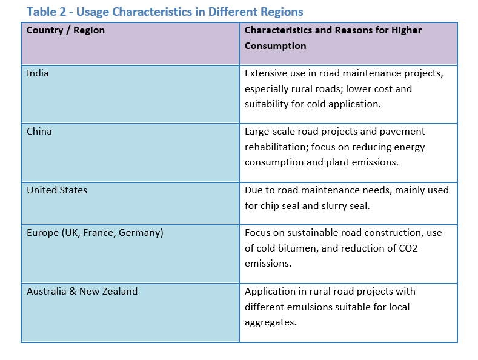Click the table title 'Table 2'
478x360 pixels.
tap(46, 12)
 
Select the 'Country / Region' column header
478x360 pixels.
tap(65, 30)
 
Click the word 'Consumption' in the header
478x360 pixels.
tap(275, 46)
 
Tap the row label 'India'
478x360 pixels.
tap(38, 73)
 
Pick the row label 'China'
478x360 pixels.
tap(39, 132)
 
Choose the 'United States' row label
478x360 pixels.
tap(57, 190)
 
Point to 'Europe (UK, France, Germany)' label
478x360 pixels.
tap(95, 233)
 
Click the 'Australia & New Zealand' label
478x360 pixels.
tap(82, 292)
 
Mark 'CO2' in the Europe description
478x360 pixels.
tap(408, 248)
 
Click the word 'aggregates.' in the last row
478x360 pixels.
tap(270, 323)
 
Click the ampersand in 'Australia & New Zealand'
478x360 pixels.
tap(73, 292)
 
